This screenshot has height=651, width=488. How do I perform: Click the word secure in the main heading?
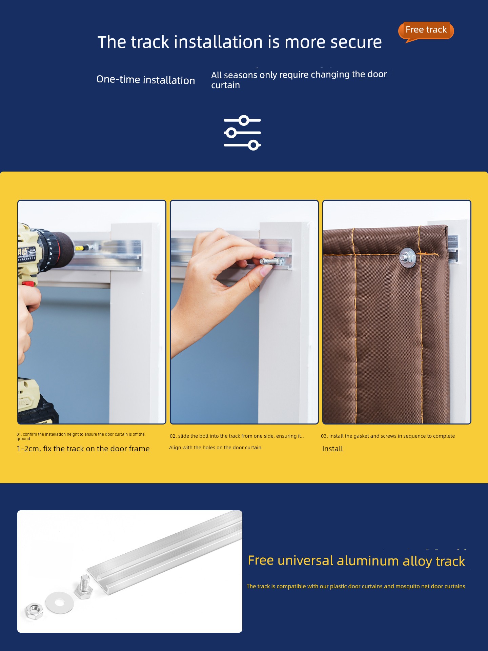(356, 42)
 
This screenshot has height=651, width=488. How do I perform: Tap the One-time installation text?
(145, 80)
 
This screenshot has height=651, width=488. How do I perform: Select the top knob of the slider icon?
(244, 120)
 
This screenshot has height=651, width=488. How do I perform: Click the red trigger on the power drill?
(29, 283)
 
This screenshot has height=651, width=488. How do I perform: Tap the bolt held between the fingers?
(271, 261)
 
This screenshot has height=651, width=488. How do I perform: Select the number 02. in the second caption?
(173, 436)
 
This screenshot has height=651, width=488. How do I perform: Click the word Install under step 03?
(332, 449)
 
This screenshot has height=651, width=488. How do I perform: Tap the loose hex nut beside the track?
(34, 611)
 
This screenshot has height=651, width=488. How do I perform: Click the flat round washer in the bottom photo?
(60, 603)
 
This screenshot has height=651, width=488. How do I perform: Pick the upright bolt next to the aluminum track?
(84, 587)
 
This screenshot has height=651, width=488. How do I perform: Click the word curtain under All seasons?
(225, 85)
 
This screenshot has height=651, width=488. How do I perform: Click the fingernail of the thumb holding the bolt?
(265, 270)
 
